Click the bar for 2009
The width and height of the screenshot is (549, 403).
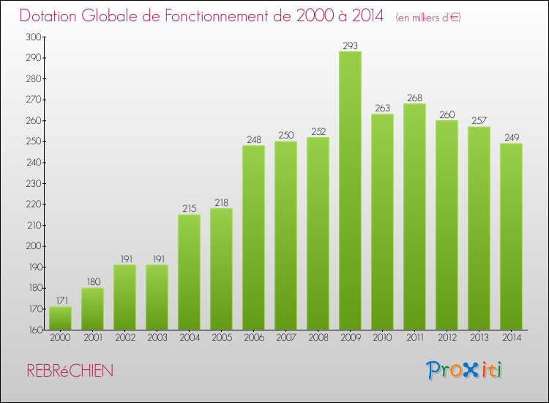click(350, 191)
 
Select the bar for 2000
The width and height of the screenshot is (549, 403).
click(60, 318)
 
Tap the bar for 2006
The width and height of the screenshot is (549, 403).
click(253, 237)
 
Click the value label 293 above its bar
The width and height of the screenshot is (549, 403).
click(350, 46)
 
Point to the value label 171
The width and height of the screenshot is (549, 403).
click(60, 301)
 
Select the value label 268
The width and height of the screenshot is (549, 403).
click(414, 98)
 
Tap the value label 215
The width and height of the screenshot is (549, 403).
click(189, 209)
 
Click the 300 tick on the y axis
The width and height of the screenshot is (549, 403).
click(33, 37)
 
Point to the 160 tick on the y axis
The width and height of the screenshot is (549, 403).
click(33, 330)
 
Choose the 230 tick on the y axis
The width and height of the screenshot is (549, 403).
click(33, 183)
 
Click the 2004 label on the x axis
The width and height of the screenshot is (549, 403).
click(189, 338)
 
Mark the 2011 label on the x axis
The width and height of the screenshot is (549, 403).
click(414, 338)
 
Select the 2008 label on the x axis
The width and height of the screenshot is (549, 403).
click(318, 338)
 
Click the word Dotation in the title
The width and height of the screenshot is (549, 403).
click(52, 16)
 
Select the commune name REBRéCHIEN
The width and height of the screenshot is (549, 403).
click(70, 371)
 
